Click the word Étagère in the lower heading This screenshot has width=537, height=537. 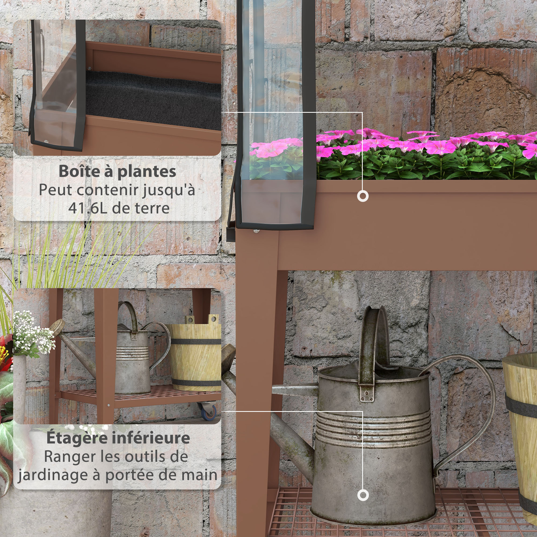point(77,438)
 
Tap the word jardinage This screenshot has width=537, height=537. point(53,475)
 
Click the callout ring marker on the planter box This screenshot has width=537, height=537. point(363,196)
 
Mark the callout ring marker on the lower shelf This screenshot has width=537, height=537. point(363,495)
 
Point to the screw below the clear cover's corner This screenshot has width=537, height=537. point(256,231)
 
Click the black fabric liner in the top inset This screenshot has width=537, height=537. point(153,97)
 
